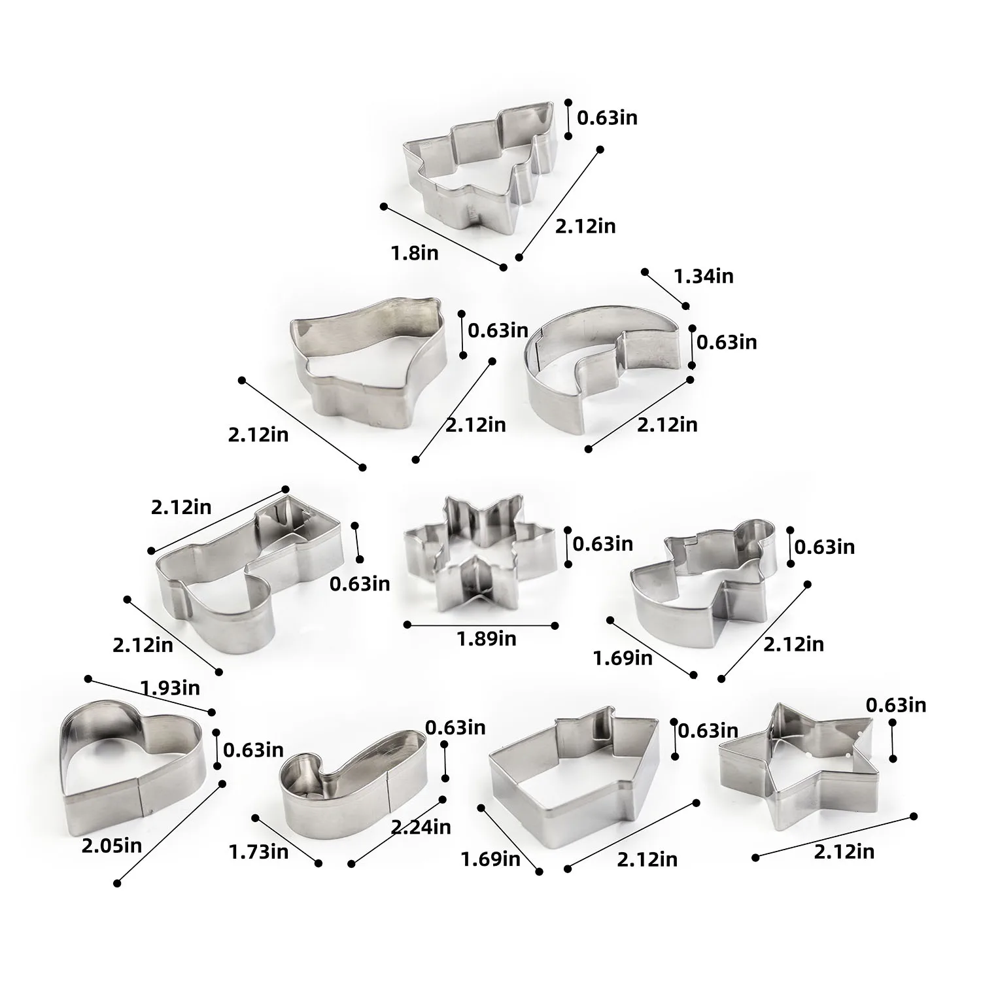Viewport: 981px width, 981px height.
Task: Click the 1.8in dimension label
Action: click(415, 252)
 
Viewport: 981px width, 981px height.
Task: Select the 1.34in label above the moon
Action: click(704, 276)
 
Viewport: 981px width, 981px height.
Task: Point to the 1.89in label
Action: click(486, 638)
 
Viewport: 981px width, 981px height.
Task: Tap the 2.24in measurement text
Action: click(421, 827)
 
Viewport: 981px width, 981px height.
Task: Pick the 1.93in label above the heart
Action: click(170, 687)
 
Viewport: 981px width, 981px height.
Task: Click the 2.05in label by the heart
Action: click(111, 846)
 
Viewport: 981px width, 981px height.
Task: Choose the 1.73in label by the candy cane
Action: click(258, 852)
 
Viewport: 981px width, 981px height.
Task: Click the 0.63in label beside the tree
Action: click(607, 118)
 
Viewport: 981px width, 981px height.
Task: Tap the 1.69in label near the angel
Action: click(623, 658)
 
